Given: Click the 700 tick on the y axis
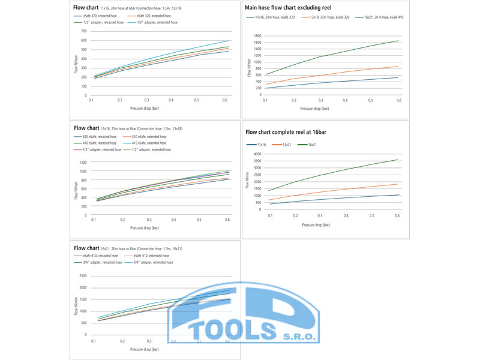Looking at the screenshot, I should [x=85, y=30].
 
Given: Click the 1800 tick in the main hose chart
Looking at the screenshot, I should [x=256, y=35].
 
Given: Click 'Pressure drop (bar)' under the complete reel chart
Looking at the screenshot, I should [x=316, y=224].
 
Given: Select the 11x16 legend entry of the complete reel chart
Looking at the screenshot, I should [x=262, y=145].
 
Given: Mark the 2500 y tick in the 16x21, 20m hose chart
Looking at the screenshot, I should [x=83, y=276].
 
